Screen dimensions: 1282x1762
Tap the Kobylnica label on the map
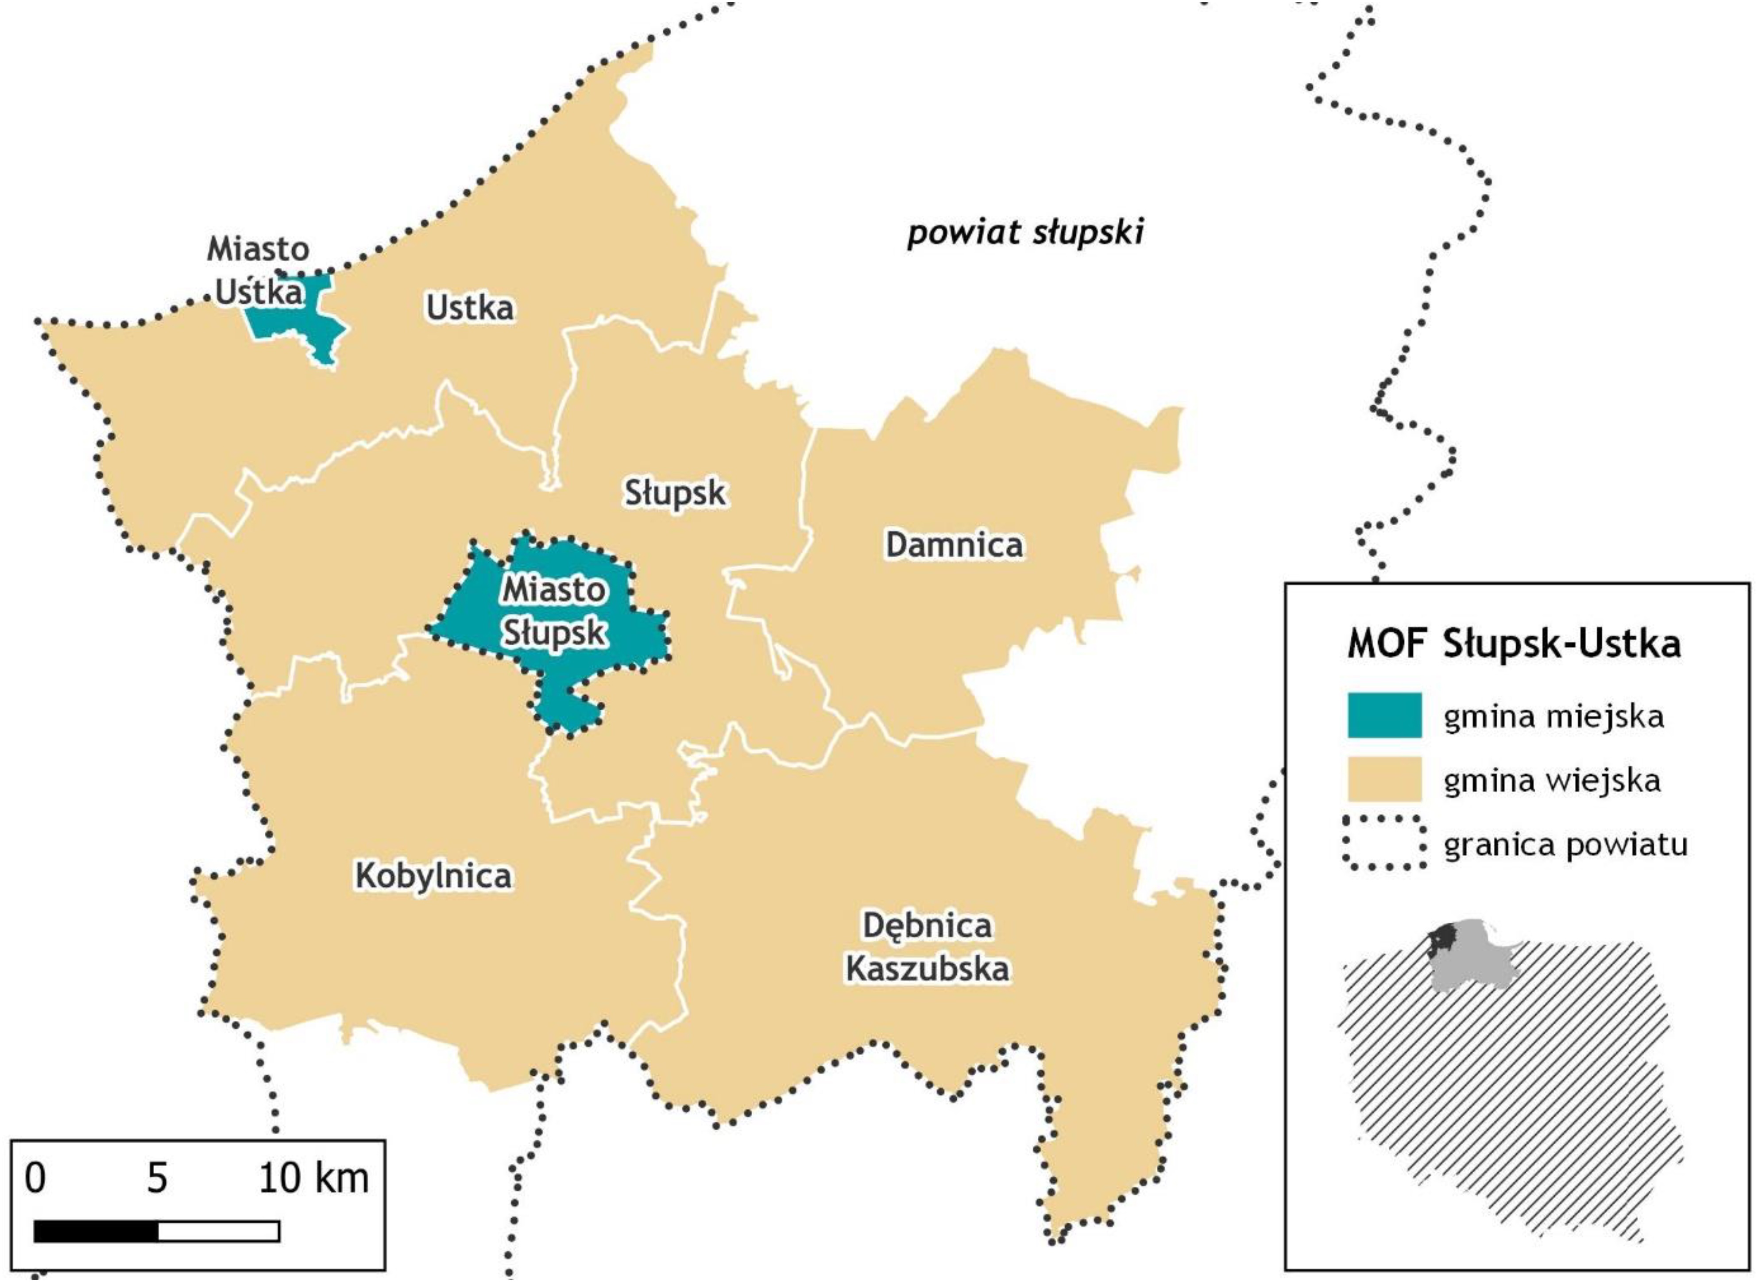pyautogui.click(x=433, y=876)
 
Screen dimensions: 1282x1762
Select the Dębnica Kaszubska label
pyautogui.click(x=927, y=947)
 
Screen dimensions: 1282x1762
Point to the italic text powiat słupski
pyautogui.click(x=1025, y=232)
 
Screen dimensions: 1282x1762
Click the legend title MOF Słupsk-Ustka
pyautogui.click(x=1513, y=644)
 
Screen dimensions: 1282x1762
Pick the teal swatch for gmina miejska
pyautogui.click(x=1384, y=715)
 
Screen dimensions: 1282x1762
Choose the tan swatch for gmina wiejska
pyautogui.click(x=1384, y=779)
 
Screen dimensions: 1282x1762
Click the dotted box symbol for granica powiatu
pyautogui.click(x=1384, y=843)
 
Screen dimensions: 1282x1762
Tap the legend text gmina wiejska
pyautogui.click(x=1552, y=780)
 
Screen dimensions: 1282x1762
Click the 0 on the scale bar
pyautogui.click(x=35, y=1179)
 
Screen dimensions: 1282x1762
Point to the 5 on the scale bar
pyautogui.click(x=157, y=1179)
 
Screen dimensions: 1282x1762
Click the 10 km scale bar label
pyautogui.click(x=313, y=1179)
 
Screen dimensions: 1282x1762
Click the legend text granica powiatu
pyautogui.click(x=1565, y=844)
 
